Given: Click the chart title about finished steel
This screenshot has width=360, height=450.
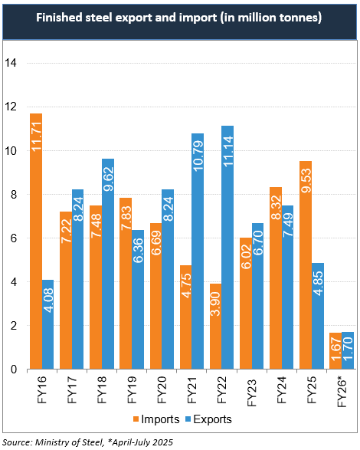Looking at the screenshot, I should [x=180, y=17].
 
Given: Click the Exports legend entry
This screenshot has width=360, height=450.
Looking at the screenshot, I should [x=210, y=419].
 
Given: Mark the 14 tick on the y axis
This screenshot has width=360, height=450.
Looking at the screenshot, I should [x=11, y=63].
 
